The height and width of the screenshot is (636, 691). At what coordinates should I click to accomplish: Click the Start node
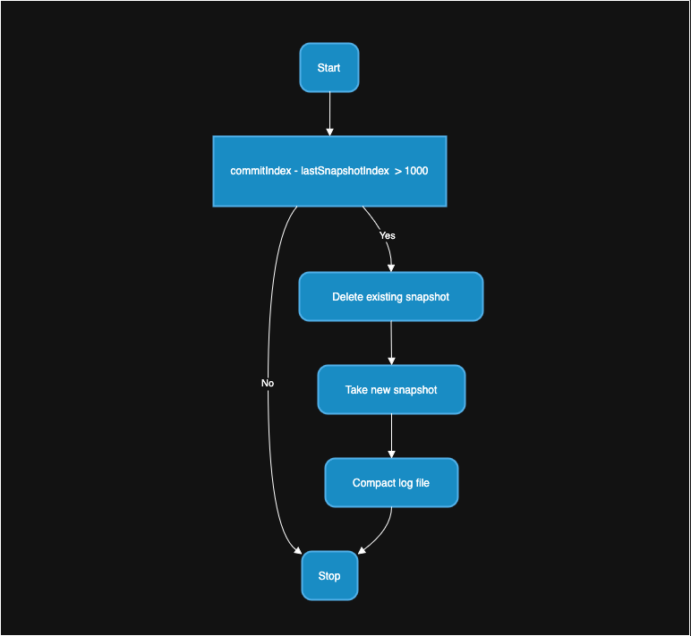tap(328, 68)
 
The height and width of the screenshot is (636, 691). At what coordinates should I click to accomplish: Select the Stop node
tap(328, 575)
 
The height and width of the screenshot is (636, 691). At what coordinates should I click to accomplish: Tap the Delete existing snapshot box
tap(390, 297)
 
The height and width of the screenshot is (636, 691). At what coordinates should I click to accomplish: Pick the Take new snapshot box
tap(391, 390)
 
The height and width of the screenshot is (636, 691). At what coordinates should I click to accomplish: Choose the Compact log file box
tap(391, 483)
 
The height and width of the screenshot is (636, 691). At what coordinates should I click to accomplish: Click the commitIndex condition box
tap(328, 171)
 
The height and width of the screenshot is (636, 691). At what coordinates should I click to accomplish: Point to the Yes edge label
tap(387, 235)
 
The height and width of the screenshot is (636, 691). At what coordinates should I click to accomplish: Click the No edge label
tap(268, 383)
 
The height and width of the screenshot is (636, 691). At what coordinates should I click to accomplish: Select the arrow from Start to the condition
tap(329, 114)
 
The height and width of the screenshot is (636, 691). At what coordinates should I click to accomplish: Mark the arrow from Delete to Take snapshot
tap(391, 343)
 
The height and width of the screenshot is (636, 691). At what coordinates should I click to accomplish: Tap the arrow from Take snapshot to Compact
tap(391, 436)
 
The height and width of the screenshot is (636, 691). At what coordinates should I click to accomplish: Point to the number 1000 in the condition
tap(416, 171)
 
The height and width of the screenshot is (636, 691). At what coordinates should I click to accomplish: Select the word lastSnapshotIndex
tap(344, 171)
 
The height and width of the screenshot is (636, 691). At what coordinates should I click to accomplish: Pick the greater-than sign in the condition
tap(397, 171)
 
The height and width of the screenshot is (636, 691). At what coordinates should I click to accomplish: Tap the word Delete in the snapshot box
tap(348, 297)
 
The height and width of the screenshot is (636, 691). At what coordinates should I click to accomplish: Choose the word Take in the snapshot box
tap(357, 390)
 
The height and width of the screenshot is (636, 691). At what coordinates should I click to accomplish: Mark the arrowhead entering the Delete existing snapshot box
tap(390, 267)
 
